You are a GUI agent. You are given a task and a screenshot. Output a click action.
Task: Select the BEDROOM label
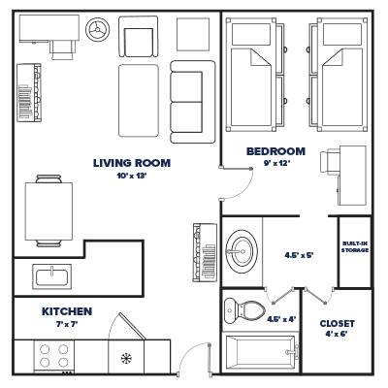tap(275, 151)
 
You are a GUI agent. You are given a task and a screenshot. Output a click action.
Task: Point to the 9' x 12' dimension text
tap(275, 164)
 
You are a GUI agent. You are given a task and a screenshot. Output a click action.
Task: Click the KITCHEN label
tap(67, 311)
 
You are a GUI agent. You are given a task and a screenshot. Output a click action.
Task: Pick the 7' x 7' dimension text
tap(67, 324)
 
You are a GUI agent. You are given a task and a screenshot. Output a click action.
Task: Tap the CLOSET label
tap(337, 323)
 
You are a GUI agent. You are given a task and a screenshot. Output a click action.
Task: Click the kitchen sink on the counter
tap(50, 275)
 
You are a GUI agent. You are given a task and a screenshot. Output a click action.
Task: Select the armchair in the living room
tap(137, 41)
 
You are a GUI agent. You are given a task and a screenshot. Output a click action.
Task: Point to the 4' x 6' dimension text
tap(337, 337)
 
